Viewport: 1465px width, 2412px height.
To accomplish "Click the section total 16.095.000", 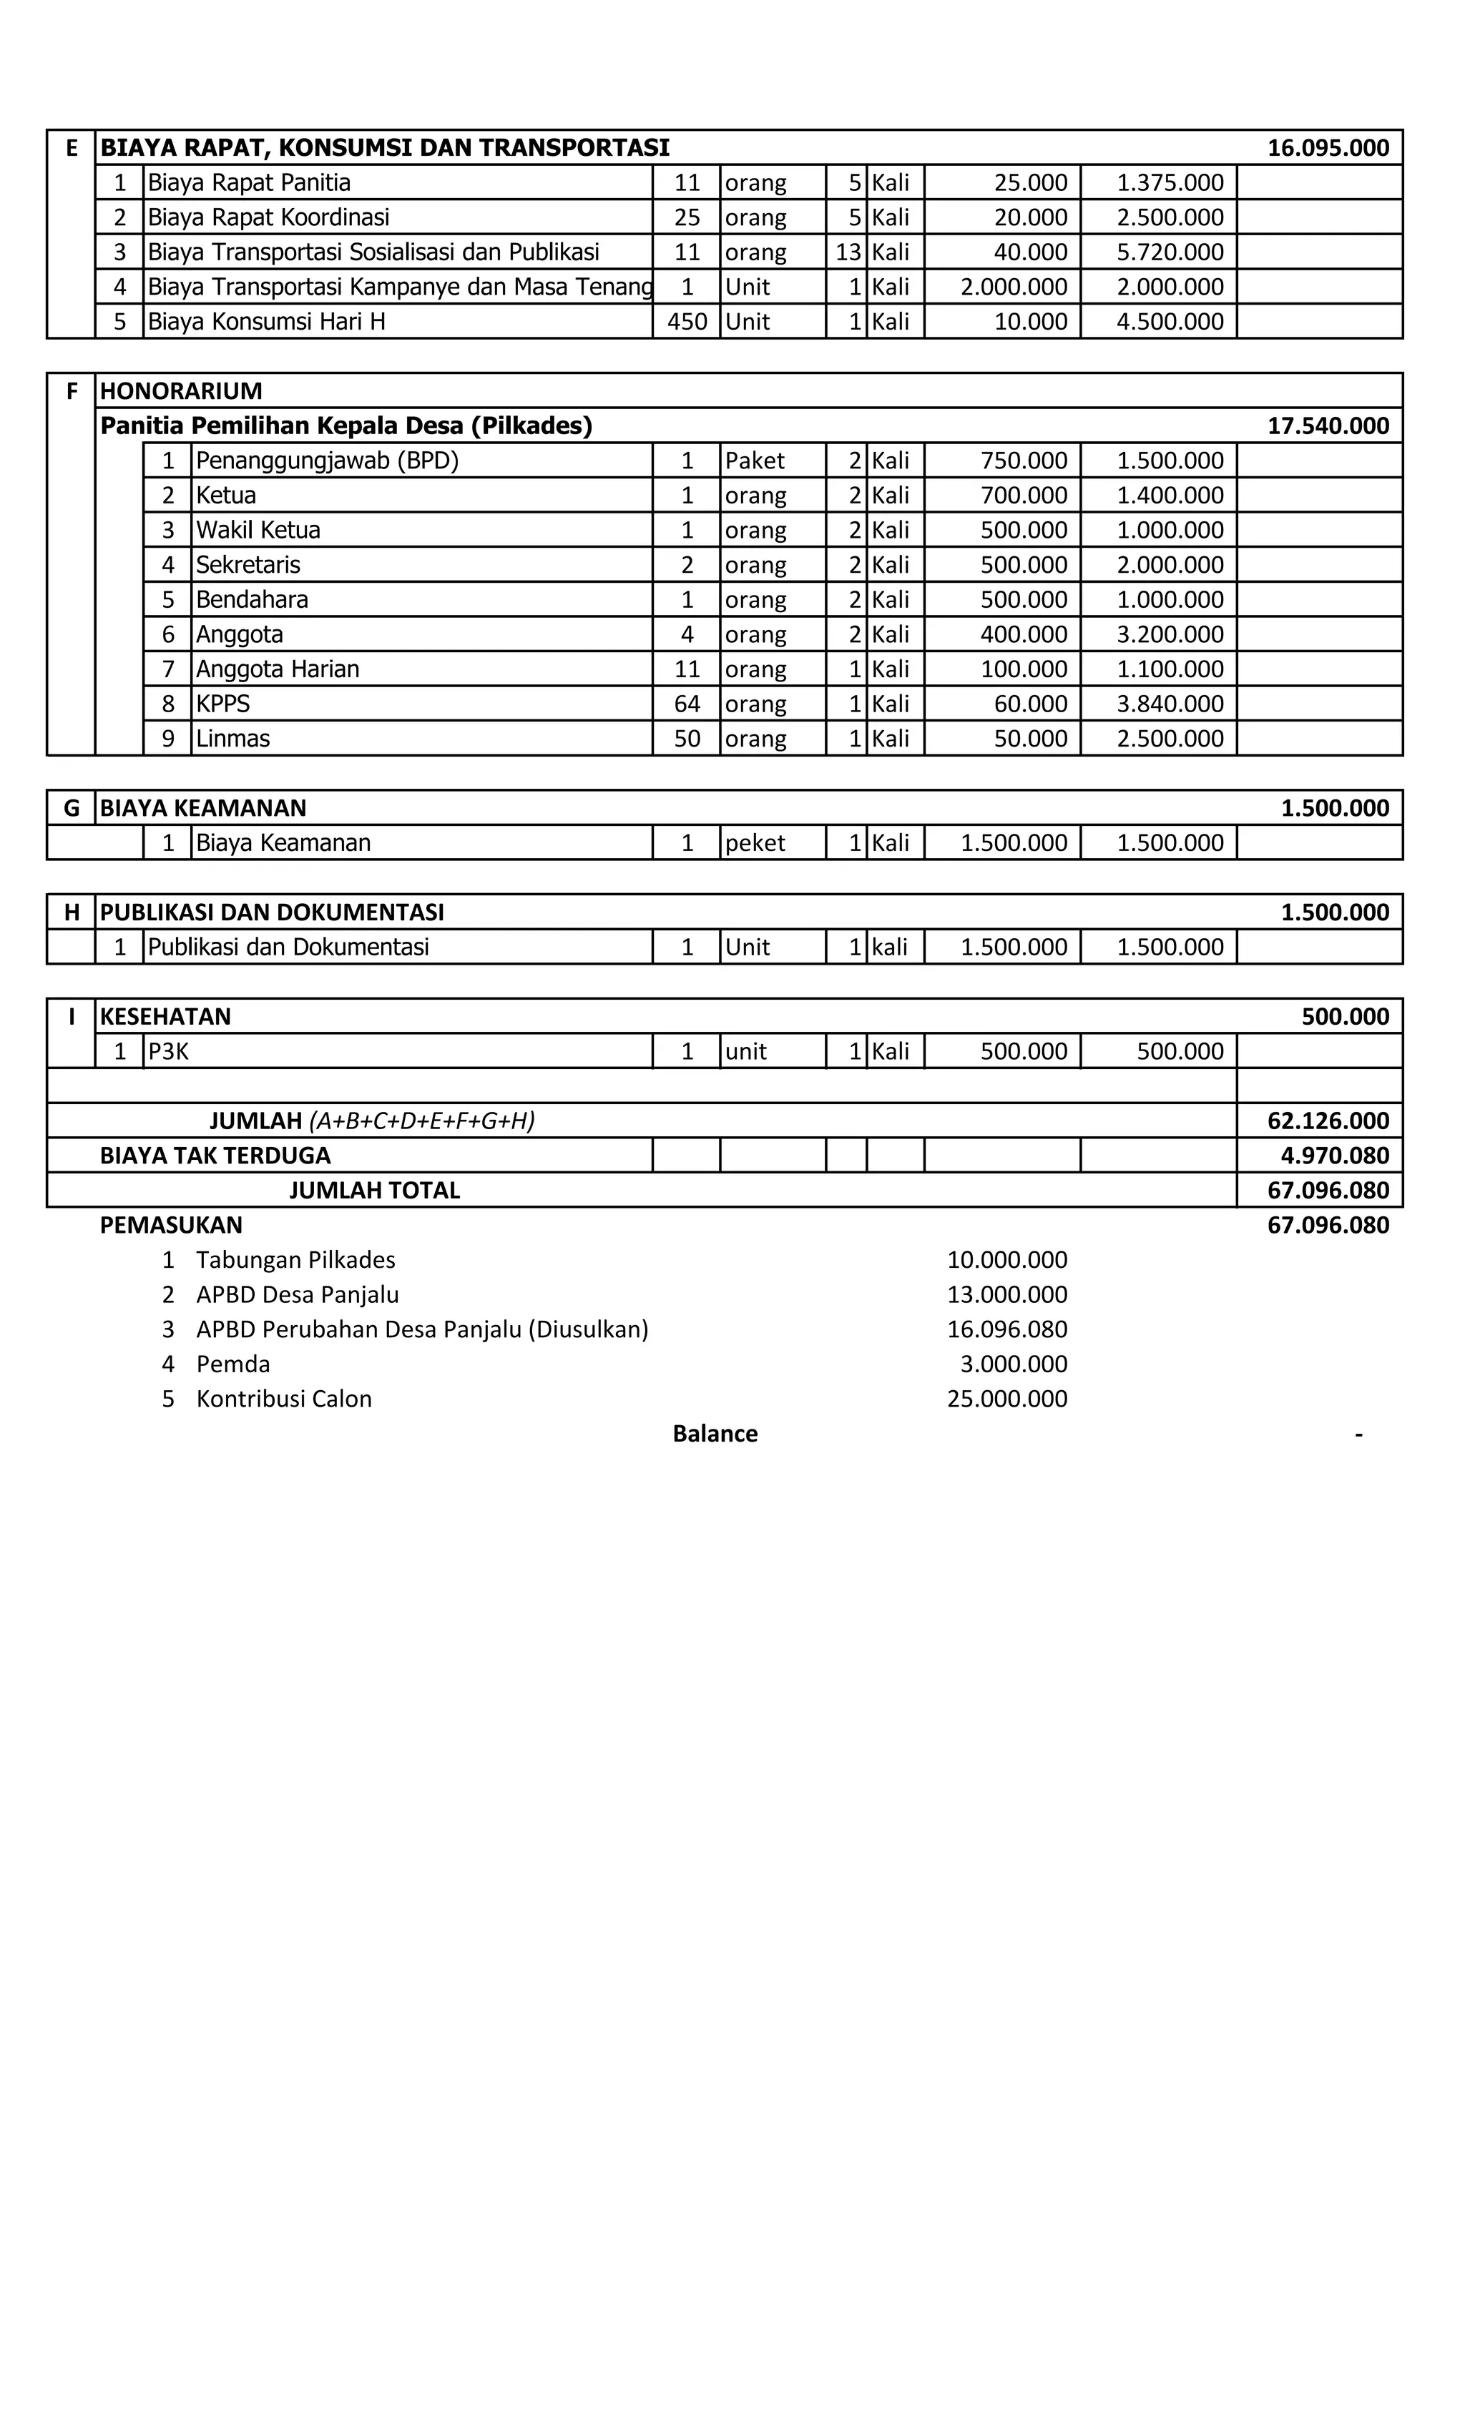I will (1327, 148).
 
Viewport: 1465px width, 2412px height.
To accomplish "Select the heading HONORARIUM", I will (181, 390).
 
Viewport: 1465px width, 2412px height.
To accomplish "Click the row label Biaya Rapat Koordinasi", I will (268, 217).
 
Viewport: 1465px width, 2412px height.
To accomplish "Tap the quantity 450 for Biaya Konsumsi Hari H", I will (687, 322).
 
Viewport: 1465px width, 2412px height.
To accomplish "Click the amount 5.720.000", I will (1170, 252).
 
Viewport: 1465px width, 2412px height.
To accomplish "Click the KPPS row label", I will (223, 704).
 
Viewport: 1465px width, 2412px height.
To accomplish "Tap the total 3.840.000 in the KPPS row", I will (1170, 704).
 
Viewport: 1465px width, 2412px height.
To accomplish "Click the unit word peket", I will (754, 843).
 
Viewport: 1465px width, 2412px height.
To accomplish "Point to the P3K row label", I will (168, 1051).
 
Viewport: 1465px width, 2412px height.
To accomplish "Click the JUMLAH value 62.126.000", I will (1327, 1121).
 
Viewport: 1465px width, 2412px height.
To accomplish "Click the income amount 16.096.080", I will (1006, 1329).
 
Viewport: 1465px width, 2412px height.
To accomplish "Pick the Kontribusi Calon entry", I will (284, 1399).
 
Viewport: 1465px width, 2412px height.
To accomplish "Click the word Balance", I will (715, 1434).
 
